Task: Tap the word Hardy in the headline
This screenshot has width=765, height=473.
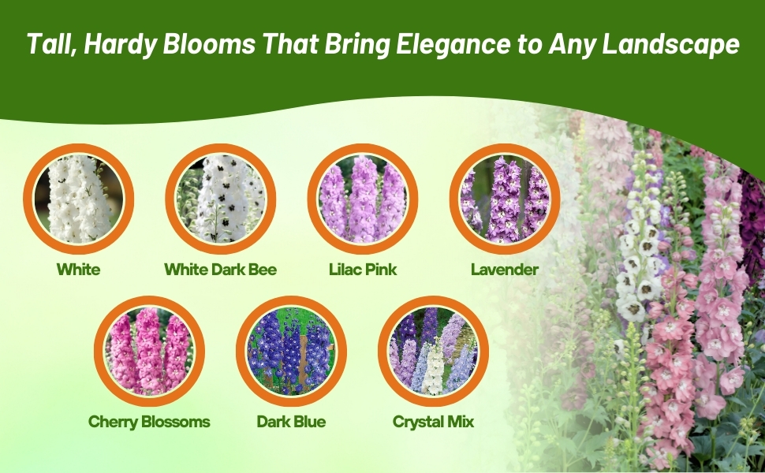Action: (121, 44)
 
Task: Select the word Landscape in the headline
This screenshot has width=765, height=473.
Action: (671, 44)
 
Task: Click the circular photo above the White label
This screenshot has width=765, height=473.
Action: (79, 199)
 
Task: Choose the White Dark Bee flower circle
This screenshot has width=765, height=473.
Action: (221, 199)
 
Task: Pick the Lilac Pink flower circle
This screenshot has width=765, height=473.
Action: (363, 199)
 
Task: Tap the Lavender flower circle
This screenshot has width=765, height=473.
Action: (505, 199)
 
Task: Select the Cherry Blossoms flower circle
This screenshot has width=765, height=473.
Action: (149, 351)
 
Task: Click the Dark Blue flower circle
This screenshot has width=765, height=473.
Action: (291, 351)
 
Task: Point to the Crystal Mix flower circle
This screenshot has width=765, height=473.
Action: (433, 351)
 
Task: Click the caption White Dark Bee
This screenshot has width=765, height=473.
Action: (221, 270)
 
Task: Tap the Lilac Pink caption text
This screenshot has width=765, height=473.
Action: (363, 270)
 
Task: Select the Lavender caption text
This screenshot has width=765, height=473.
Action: (505, 270)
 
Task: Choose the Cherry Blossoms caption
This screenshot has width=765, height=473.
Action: (149, 422)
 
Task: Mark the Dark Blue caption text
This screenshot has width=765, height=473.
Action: (291, 422)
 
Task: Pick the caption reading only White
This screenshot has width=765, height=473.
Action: (79, 270)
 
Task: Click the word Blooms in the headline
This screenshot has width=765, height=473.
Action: (209, 43)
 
